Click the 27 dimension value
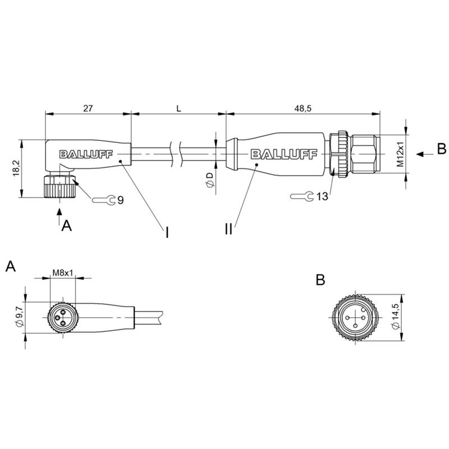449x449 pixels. click(x=88, y=108)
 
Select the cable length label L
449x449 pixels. click(x=178, y=108)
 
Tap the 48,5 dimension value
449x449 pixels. click(x=303, y=108)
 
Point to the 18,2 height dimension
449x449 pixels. click(x=16, y=168)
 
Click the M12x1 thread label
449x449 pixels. click(x=400, y=154)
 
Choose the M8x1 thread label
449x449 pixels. click(x=63, y=273)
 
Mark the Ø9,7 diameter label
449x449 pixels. click(x=19, y=316)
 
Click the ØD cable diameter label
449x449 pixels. click(x=210, y=180)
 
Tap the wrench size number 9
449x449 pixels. click(x=121, y=200)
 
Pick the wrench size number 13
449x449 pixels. click(x=322, y=196)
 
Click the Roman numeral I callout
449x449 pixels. click(x=167, y=233)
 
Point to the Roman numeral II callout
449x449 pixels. click(x=228, y=229)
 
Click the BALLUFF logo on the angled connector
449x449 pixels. click(x=86, y=154)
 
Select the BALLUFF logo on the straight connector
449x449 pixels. click(x=284, y=154)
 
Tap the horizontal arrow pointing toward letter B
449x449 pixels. click(x=424, y=154)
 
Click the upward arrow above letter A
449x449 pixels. click(x=59, y=216)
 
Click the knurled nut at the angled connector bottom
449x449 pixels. click(x=59, y=186)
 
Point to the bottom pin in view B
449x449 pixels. click(x=355, y=326)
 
